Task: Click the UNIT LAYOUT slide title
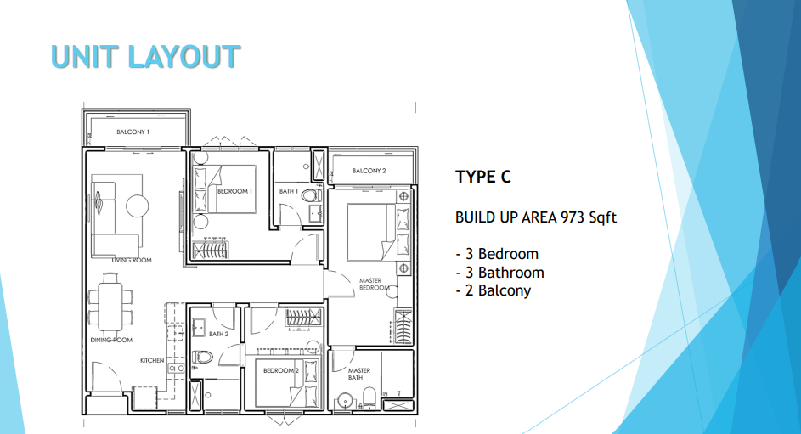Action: [x=145, y=56]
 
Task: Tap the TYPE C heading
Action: [x=483, y=177]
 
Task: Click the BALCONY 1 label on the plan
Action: [x=133, y=132]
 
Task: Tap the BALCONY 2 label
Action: [x=369, y=171]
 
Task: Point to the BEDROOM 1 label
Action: [x=234, y=191]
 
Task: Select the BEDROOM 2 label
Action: [x=280, y=371]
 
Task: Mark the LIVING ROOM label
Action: [x=132, y=260]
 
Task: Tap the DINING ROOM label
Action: [x=111, y=341]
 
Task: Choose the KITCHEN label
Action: [x=152, y=361]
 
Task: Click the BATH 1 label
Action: [x=288, y=191]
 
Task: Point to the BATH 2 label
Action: [x=219, y=335]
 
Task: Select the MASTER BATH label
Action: [x=358, y=375]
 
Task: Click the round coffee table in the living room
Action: [x=137, y=205]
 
